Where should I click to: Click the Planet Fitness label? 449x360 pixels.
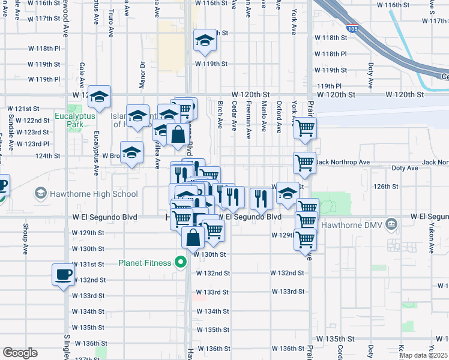144,262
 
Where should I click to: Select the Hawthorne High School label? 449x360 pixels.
95,193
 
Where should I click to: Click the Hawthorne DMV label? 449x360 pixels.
357,225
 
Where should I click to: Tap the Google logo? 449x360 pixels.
20,353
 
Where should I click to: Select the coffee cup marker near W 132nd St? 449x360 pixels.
63,275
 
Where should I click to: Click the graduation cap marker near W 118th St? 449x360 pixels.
205,40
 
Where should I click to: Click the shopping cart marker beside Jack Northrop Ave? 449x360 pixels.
305,162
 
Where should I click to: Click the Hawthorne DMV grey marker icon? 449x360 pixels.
392,224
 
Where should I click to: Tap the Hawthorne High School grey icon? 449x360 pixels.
40,193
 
